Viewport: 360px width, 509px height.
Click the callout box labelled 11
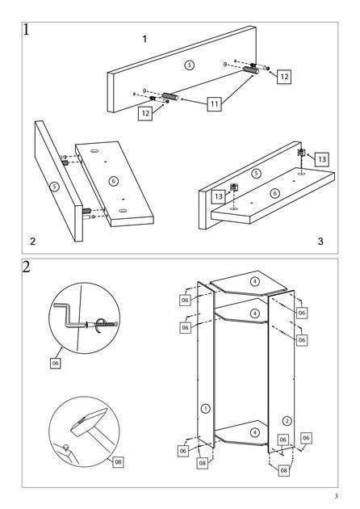[214, 104]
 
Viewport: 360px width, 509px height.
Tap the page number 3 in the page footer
[337, 496]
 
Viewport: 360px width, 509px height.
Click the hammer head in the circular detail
[89, 422]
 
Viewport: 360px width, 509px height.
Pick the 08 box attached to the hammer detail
[118, 461]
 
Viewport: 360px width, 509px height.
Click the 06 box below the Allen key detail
[56, 363]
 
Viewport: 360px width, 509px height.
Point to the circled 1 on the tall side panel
[206, 408]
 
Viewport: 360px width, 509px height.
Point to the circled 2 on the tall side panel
[287, 421]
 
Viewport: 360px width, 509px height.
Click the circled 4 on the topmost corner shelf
[255, 281]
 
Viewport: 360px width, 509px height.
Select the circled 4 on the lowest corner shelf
[255, 432]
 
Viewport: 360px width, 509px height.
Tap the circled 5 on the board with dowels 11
[190, 65]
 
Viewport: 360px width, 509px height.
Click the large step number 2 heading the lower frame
[27, 267]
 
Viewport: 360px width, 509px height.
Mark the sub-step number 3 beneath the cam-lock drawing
[320, 242]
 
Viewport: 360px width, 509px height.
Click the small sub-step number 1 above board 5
[144, 39]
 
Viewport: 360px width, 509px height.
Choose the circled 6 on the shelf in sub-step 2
[114, 181]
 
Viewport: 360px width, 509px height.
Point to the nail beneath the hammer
[66, 448]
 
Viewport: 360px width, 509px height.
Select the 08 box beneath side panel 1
[203, 463]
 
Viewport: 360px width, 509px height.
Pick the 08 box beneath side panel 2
[284, 470]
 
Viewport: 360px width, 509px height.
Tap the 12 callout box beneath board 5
[145, 113]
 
